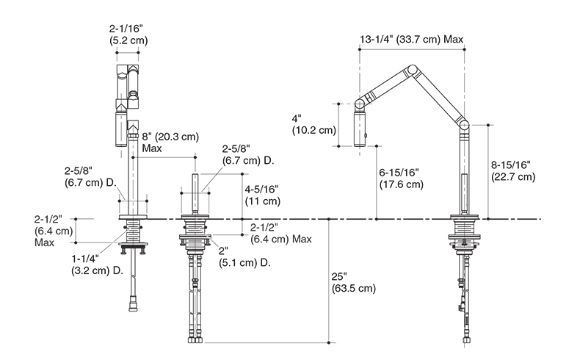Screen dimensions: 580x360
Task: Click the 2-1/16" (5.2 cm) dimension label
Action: coord(128,35)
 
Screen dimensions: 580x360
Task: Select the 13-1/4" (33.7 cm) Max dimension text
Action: coord(411,39)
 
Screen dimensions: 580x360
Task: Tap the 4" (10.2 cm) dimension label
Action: coord(314,124)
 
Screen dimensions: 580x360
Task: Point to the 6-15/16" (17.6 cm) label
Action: coord(402,179)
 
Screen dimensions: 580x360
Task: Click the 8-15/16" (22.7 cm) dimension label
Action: coord(513,170)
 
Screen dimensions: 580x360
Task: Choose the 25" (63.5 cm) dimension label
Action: coord(354,282)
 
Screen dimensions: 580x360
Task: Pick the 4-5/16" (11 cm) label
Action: coord(263,195)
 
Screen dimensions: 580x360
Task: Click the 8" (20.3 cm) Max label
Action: coord(170,143)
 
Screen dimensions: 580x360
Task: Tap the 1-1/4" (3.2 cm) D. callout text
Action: coord(98,264)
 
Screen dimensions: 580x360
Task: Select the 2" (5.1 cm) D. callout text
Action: coord(244,256)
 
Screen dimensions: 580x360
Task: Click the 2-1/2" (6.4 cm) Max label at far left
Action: coord(54,231)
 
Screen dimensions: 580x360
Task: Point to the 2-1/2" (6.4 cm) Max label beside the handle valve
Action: coord(280,233)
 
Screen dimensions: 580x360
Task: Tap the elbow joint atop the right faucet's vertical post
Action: coord(464,126)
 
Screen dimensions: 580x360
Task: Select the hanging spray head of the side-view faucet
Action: coord(360,129)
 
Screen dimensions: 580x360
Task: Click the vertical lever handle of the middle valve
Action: coord(195,193)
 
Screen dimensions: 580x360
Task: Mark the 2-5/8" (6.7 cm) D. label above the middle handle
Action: coord(248,155)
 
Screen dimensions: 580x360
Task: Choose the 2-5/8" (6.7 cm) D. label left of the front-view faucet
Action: coord(90,176)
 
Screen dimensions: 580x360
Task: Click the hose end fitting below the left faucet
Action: coord(132,306)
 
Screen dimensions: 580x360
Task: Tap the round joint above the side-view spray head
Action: coord(359,104)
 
